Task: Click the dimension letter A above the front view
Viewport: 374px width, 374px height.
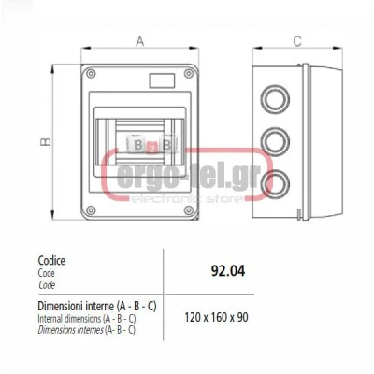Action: coord(140,41)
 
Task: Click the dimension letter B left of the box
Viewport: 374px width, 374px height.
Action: coord(46,142)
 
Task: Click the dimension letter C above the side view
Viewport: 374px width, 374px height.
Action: coord(297,41)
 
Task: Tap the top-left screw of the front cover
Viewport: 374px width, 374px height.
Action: coord(91,74)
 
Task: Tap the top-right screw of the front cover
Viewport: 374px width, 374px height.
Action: coord(189,74)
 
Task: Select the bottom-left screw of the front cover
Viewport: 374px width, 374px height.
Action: coord(91,210)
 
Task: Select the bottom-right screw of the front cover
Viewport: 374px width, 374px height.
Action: coord(189,210)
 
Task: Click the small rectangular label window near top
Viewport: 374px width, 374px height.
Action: coord(162,80)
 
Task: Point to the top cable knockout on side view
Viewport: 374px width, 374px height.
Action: coord(276,99)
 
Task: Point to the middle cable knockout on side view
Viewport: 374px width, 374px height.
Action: coord(276,142)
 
